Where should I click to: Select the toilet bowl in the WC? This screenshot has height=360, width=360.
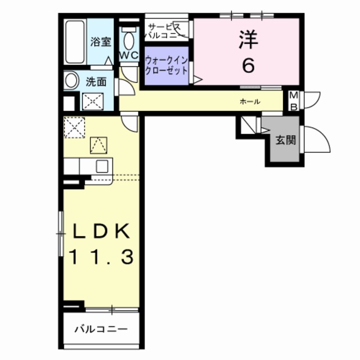coord(129,40)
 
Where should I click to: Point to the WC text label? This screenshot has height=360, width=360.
coord(129,55)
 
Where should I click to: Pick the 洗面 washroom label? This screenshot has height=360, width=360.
coord(96,81)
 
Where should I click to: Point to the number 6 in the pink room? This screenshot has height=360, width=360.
coord(248,65)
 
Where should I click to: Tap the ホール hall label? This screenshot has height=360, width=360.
coord(250,102)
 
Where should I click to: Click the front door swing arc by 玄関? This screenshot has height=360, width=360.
coord(314,138)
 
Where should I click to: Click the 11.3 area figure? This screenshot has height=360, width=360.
coord(101,258)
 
